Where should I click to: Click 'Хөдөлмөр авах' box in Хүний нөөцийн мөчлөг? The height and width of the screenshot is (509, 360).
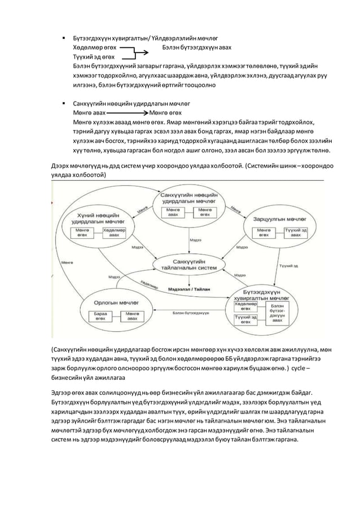(114, 233)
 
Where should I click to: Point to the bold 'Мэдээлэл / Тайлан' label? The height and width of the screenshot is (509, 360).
(189, 288)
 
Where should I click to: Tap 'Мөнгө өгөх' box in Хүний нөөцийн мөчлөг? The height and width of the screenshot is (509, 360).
(83, 233)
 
